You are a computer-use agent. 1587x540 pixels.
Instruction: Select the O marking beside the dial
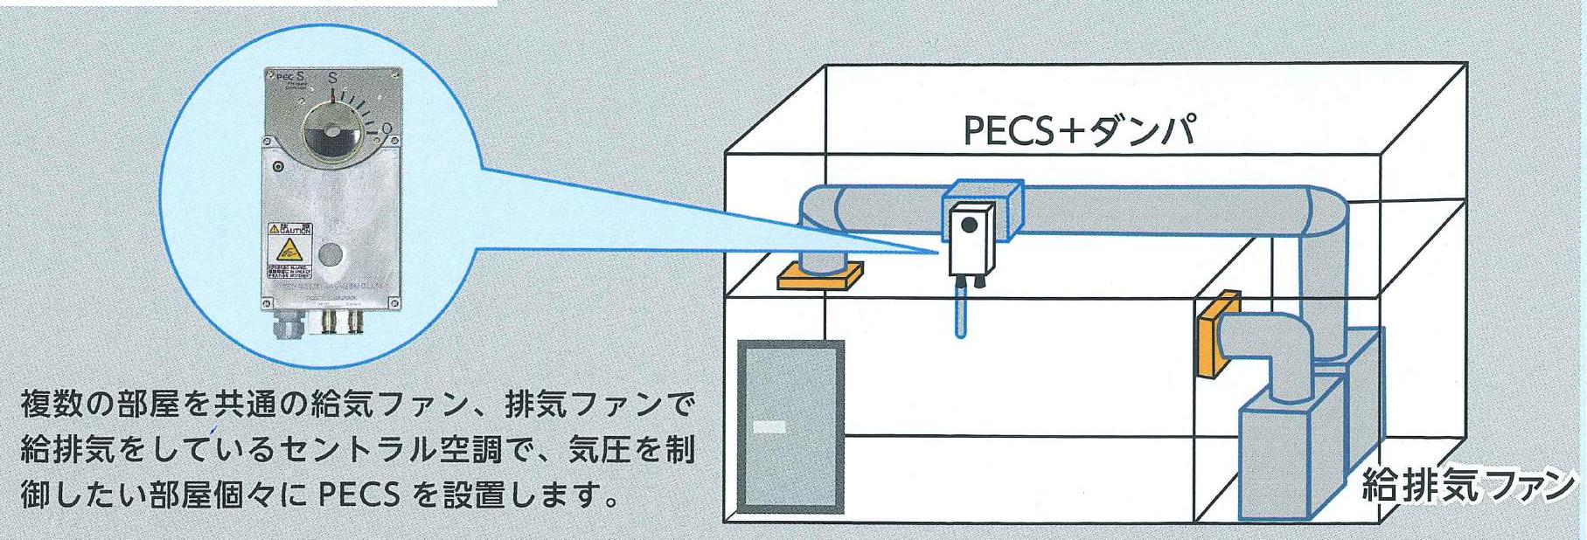click(386, 129)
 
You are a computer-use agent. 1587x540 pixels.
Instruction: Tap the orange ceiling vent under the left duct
click(819, 276)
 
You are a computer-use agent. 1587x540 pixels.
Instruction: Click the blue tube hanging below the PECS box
click(961, 311)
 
